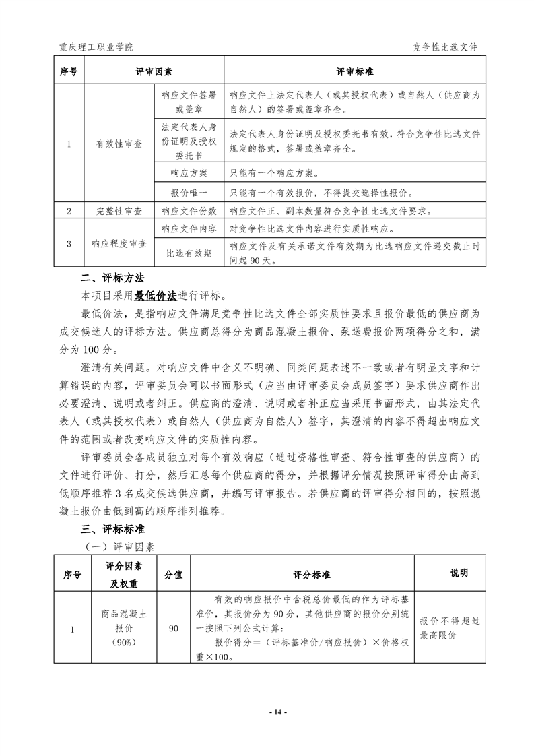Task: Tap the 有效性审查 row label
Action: coord(120,144)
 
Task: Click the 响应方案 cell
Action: coord(189,174)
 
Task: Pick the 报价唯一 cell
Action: coord(189,193)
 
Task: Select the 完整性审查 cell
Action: coord(120,211)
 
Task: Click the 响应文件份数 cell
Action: coord(189,211)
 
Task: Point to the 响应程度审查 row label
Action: coord(120,243)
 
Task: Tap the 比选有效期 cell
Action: coord(189,253)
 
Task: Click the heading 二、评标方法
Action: coord(108,278)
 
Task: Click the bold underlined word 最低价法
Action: coord(156,295)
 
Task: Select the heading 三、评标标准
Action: coord(108,528)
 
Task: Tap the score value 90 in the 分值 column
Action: coord(174,629)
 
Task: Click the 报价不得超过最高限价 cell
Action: coord(446,629)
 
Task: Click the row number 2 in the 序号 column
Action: coord(69,211)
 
